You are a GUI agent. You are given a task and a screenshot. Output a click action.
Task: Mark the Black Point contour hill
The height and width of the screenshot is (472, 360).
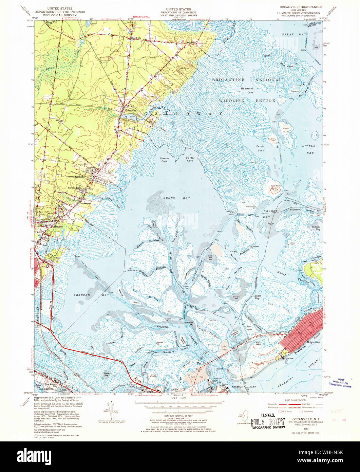(276, 189)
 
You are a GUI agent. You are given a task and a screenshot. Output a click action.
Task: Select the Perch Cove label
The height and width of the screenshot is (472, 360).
(260, 149)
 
